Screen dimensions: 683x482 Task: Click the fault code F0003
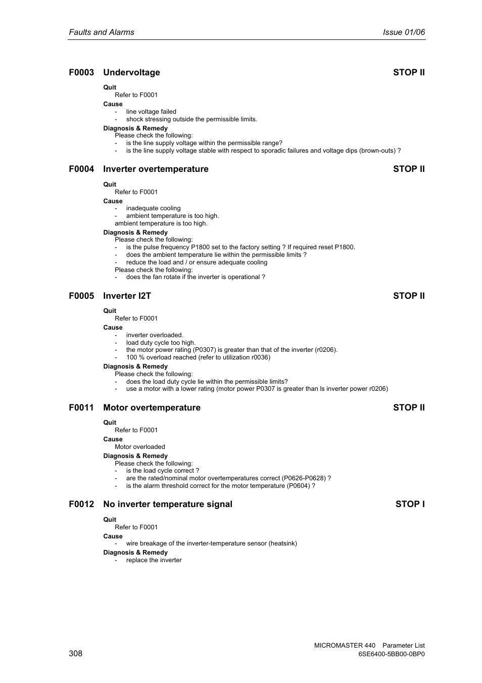(x=81, y=72)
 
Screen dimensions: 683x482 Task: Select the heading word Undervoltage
(x=131, y=72)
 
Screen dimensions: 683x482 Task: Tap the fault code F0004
(x=81, y=169)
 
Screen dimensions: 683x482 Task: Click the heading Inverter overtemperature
(x=156, y=169)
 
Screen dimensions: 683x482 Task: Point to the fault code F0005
(x=81, y=296)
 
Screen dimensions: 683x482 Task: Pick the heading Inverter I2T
(x=127, y=296)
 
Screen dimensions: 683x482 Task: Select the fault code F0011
(x=81, y=407)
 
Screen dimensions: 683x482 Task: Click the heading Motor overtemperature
(x=152, y=407)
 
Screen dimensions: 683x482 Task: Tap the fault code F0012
(x=81, y=504)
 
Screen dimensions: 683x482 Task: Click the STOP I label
(x=410, y=504)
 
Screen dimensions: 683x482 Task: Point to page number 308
(x=75, y=653)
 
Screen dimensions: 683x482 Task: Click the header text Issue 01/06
(x=404, y=32)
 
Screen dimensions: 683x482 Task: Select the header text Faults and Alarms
(x=102, y=32)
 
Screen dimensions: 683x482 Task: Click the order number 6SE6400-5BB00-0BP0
(x=391, y=654)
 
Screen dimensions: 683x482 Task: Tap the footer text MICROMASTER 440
(x=345, y=645)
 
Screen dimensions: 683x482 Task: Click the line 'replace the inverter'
(x=154, y=560)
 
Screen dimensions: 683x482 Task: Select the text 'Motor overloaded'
(x=140, y=447)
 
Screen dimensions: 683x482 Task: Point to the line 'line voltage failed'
(x=151, y=112)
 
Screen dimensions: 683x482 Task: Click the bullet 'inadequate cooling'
(x=153, y=208)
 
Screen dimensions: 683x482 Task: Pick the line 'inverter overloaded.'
(x=155, y=335)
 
